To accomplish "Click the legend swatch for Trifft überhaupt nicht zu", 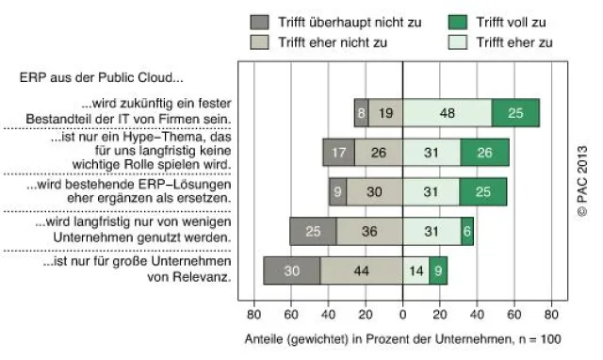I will (x=260, y=22).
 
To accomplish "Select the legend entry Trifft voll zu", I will (x=510, y=22).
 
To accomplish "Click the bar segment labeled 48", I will (x=447, y=113).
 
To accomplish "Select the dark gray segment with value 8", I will (x=361, y=113).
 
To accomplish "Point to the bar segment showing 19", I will (x=385, y=113).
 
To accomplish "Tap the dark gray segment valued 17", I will (x=338, y=153).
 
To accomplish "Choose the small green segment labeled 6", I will (x=467, y=232).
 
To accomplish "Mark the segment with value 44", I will (x=361, y=271).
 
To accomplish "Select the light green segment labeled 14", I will (x=416, y=271).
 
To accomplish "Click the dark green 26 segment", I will (x=484, y=153).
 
